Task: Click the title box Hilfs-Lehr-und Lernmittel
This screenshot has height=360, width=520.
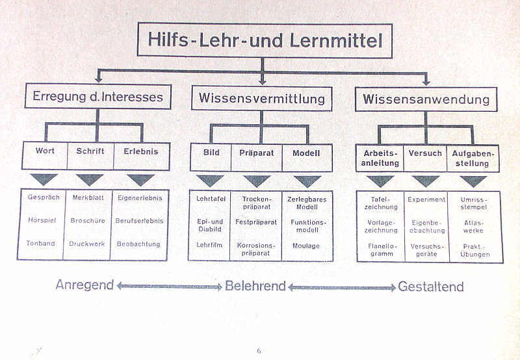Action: [265, 40]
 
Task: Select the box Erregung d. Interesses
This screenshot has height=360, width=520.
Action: [98, 97]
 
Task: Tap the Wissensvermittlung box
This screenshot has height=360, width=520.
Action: [261, 99]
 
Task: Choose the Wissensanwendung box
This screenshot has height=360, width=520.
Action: [426, 99]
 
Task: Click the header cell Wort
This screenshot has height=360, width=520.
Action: [45, 151]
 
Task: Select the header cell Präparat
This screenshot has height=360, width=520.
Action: [257, 153]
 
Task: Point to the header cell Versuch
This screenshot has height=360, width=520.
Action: [425, 153]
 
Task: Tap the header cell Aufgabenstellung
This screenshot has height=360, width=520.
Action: [473, 158]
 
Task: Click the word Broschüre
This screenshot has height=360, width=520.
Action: [88, 221]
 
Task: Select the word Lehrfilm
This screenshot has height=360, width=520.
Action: [209, 245]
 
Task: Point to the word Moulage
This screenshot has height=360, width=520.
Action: [306, 246]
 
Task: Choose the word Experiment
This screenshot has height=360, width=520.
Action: [426, 199]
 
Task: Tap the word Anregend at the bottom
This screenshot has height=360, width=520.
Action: [84, 285]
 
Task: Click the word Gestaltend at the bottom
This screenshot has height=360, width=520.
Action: [431, 287]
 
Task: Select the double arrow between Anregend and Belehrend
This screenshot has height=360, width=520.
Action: [170, 286]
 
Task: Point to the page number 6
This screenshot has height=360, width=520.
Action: [259, 351]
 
